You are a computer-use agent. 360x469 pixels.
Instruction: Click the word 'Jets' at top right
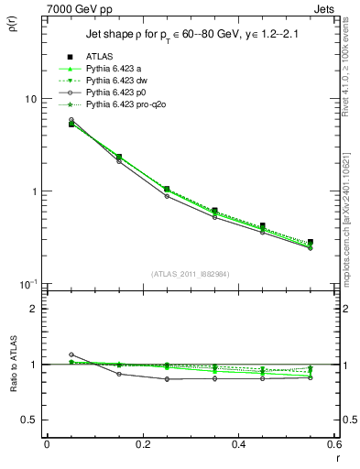click(323, 8)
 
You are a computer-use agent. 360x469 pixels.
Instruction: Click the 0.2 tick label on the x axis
click(142, 444)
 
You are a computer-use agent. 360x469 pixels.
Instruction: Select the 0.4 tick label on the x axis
click(238, 444)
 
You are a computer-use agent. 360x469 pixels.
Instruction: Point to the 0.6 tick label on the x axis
click(333, 444)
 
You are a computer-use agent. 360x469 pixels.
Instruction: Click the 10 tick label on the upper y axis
click(29, 99)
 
